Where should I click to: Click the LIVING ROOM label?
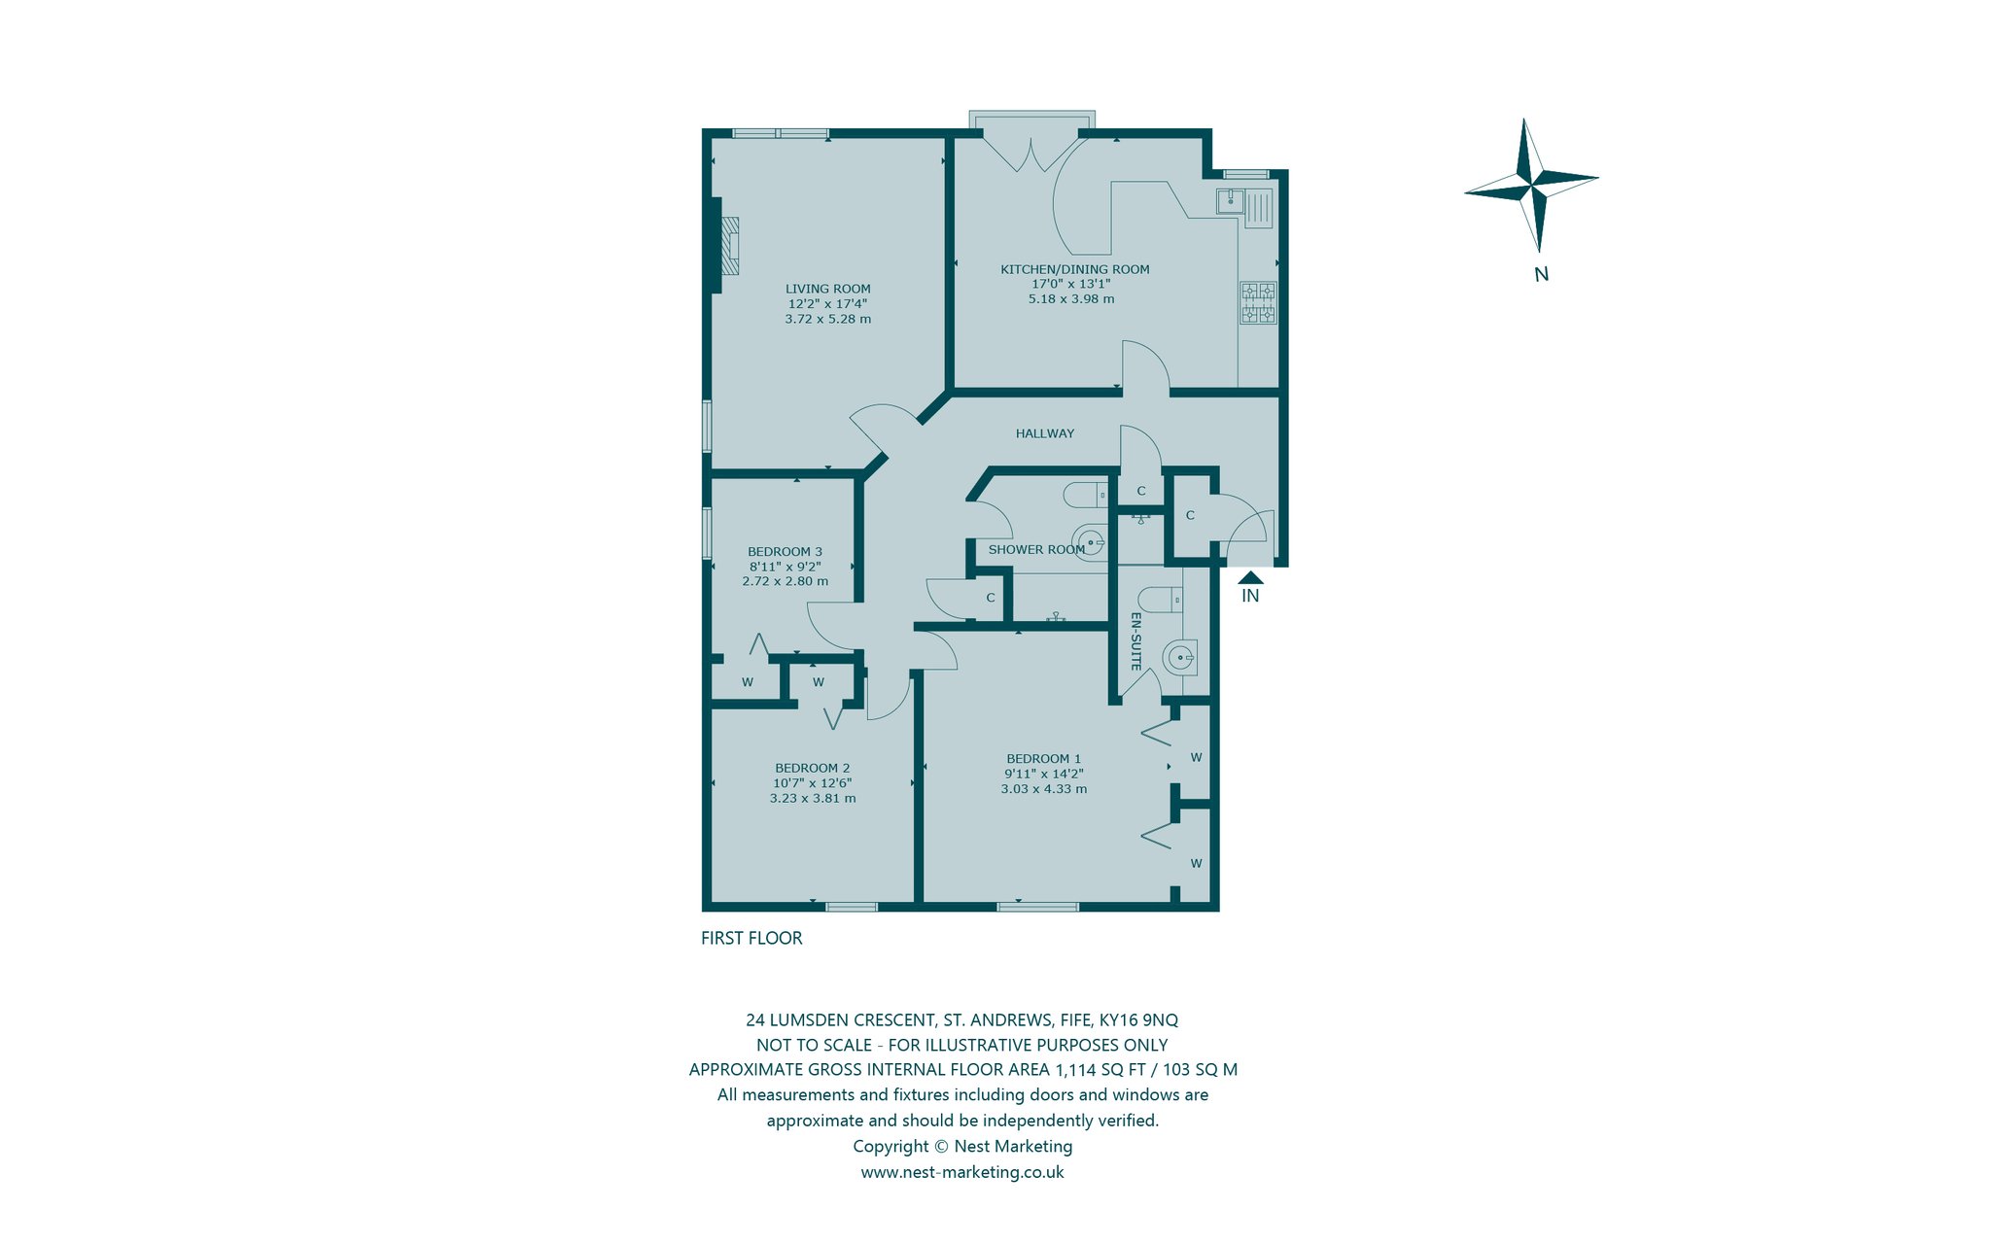pyautogui.click(x=827, y=289)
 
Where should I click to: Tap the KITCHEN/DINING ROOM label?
pyautogui.click(x=1075, y=269)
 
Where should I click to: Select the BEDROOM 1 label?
pyautogui.click(x=1043, y=759)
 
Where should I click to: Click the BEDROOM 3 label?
pyautogui.click(x=785, y=551)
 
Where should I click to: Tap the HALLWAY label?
pyautogui.click(x=1045, y=433)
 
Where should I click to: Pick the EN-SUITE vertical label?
pyautogui.click(x=1135, y=640)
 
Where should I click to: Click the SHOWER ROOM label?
pyautogui.click(x=1036, y=549)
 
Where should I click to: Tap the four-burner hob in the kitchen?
pyautogui.click(x=1258, y=302)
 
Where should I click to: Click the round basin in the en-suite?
pyautogui.click(x=1181, y=658)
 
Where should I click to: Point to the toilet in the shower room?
pyautogui.click(x=1085, y=496)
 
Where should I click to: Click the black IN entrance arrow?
pyautogui.click(x=1250, y=577)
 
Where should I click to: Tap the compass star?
pyautogui.click(x=1531, y=184)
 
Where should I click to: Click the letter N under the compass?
pyautogui.click(x=1541, y=274)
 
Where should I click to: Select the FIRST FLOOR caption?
pyautogui.click(x=751, y=938)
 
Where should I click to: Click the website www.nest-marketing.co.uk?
pyautogui.click(x=962, y=1172)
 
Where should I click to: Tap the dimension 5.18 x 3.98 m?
pyautogui.click(x=1071, y=298)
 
